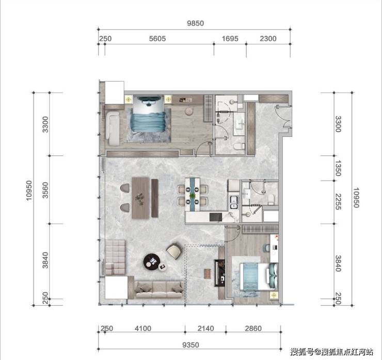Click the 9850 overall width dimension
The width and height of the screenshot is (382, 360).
click(195, 23)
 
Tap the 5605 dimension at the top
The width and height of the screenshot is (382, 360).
click(157, 39)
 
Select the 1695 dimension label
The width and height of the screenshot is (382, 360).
click(230, 39)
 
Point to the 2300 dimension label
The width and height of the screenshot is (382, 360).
click(268, 39)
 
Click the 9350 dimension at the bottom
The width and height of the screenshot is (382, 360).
click(190, 345)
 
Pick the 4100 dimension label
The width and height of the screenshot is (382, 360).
click(143, 328)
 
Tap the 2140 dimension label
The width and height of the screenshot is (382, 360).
click(205, 328)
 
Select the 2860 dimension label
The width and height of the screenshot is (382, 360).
click(253, 328)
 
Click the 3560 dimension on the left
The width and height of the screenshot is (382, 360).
click(45, 190)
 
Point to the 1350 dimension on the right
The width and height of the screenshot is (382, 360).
click(338, 168)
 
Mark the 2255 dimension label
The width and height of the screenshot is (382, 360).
click(338, 201)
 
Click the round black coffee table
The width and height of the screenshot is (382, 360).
click(152, 262)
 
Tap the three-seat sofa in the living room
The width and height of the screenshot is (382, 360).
click(159, 290)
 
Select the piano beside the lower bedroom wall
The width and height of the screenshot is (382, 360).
click(219, 273)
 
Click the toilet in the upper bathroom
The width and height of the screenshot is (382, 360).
click(238, 146)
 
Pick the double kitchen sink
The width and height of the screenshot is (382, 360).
click(234, 202)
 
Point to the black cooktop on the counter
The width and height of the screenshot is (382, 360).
click(216, 217)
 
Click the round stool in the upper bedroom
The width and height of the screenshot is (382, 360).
click(189, 111)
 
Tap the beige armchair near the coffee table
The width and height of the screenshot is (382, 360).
click(174, 251)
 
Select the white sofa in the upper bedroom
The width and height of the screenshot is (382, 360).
click(113, 128)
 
